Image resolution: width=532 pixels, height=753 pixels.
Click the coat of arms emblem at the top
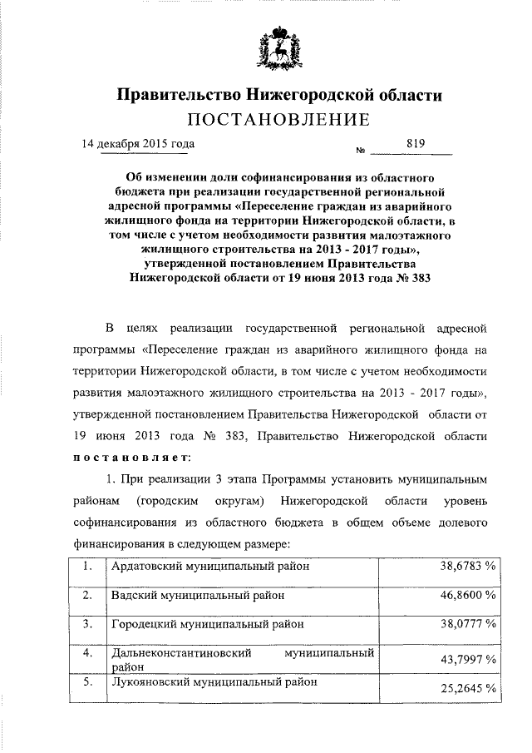click(x=278, y=54)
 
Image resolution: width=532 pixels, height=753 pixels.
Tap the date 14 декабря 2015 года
click(x=136, y=143)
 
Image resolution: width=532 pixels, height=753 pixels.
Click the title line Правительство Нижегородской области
click(x=278, y=95)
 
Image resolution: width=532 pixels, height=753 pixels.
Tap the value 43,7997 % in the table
click(x=468, y=659)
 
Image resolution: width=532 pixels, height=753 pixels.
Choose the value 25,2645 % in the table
click(x=468, y=688)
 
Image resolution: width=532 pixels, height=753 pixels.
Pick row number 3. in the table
click(x=87, y=622)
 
